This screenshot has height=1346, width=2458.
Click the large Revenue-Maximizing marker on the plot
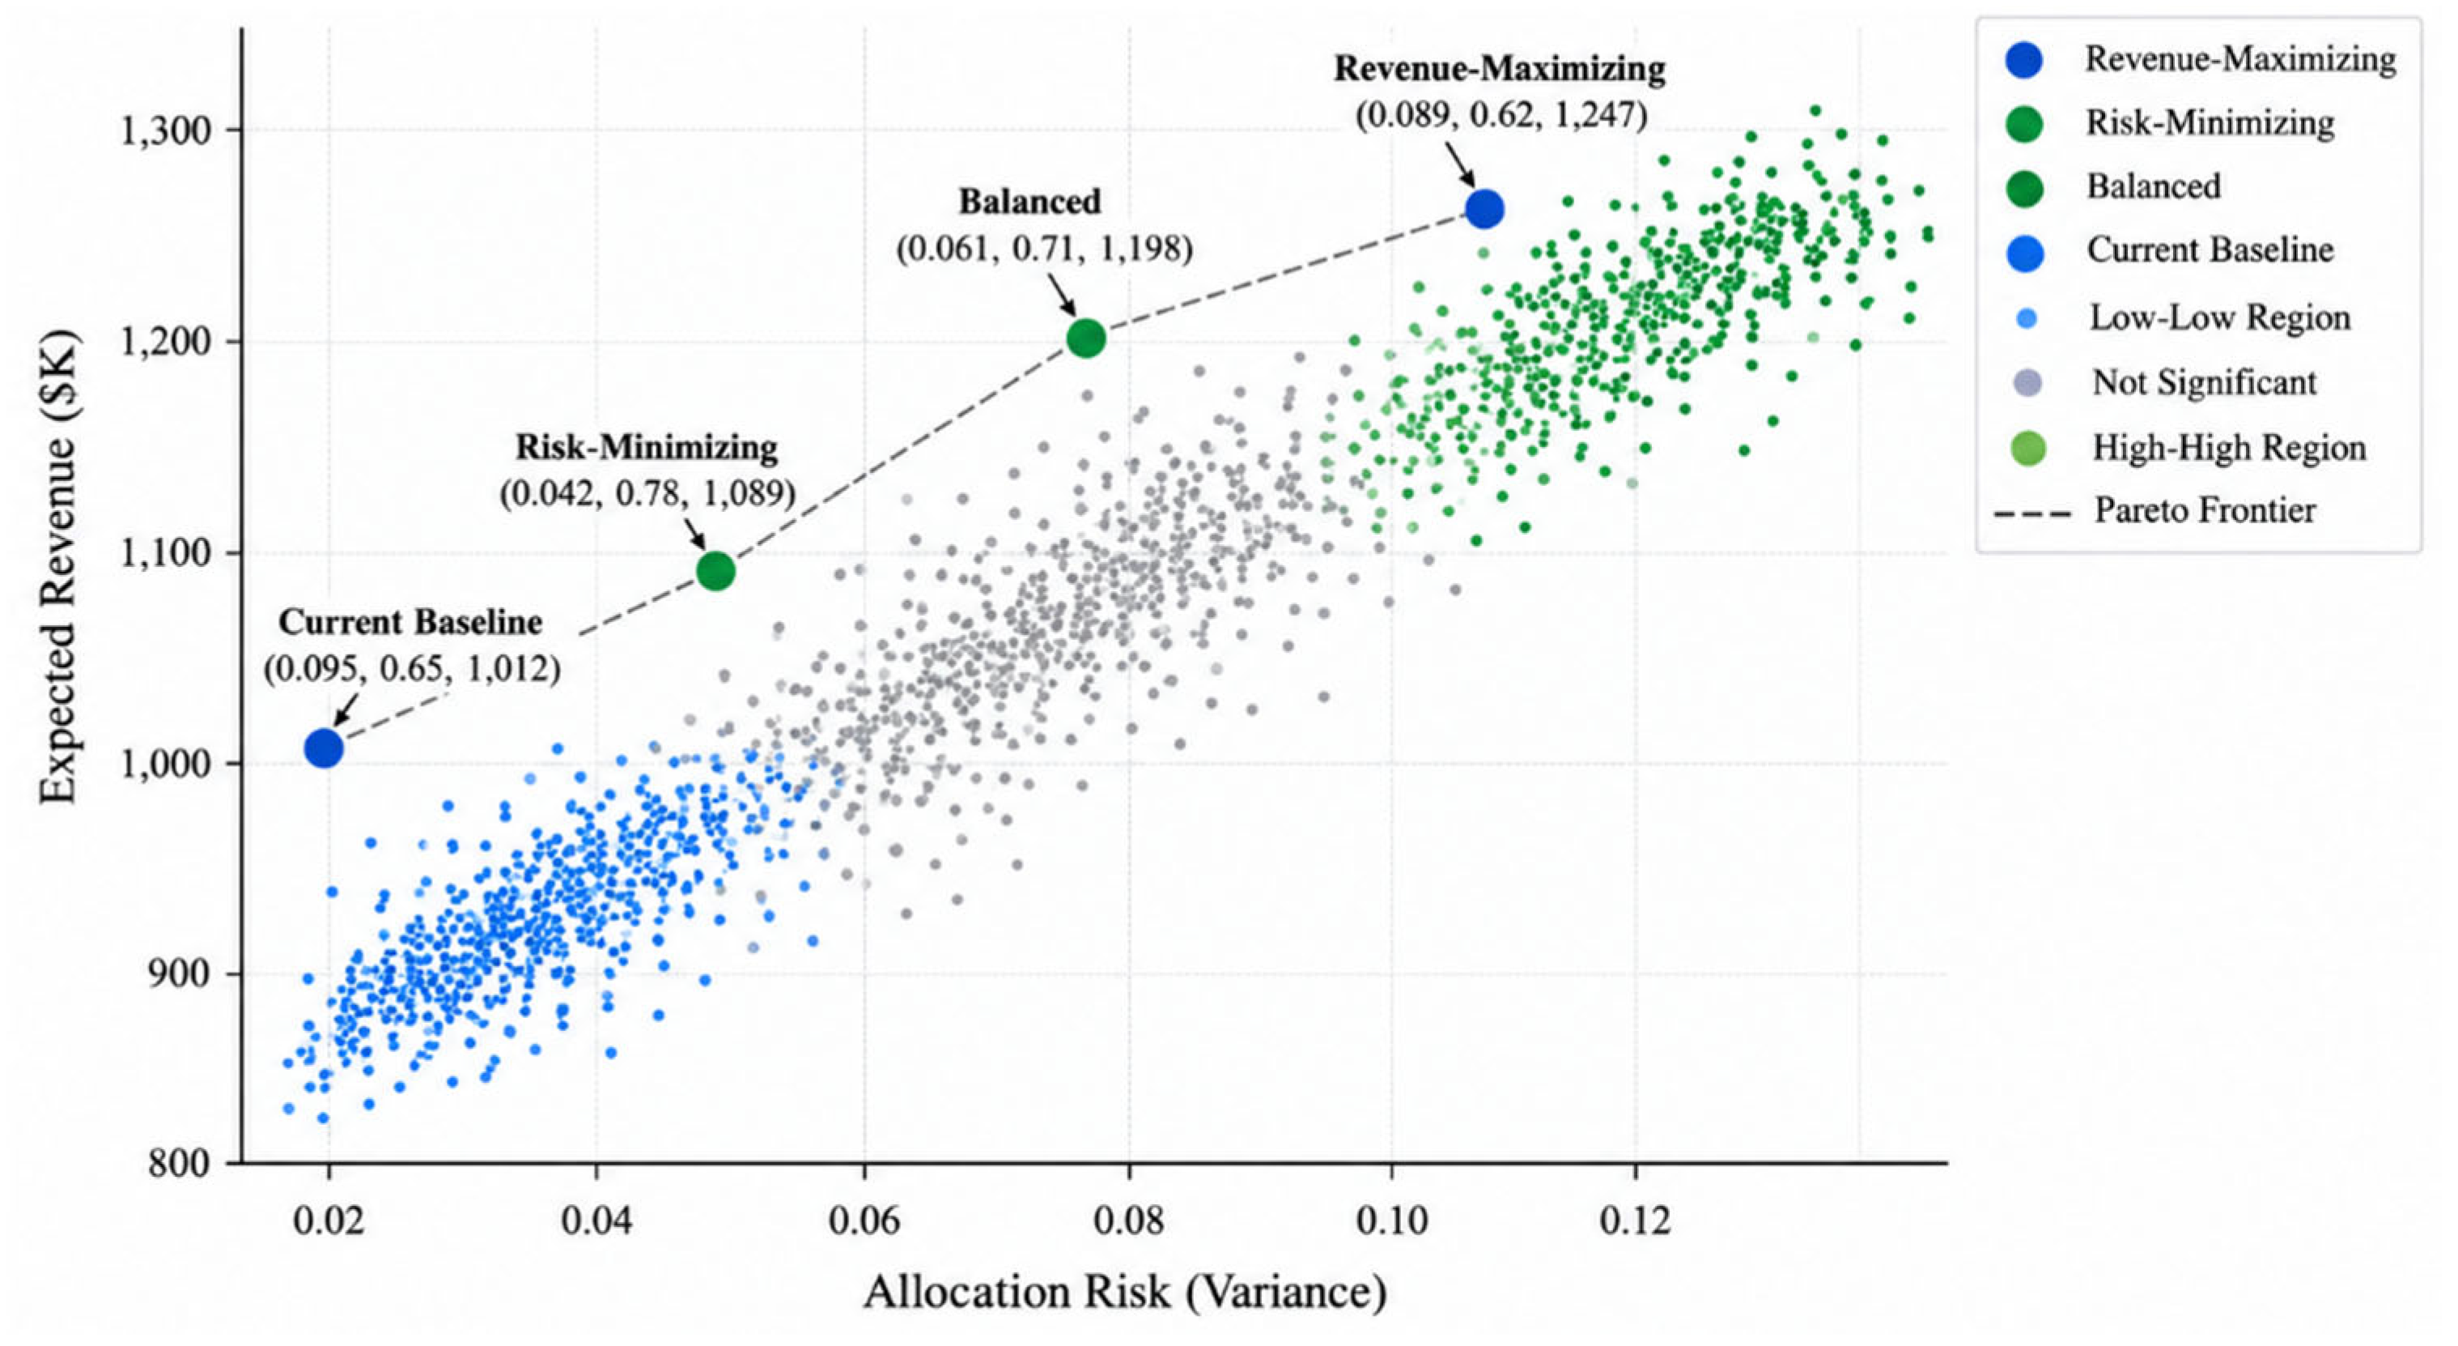pos(1484,208)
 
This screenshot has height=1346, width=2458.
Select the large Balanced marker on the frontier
pos(1086,337)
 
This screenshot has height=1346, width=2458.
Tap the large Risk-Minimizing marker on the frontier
pos(715,571)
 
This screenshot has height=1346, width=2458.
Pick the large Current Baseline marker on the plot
pos(324,748)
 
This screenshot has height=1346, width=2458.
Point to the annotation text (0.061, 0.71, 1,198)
pos(1044,248)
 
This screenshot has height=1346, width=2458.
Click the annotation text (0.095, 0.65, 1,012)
pos(412,668)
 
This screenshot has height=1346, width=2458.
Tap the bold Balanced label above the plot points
pos(1029,202)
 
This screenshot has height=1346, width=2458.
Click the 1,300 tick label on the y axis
pos(168,130)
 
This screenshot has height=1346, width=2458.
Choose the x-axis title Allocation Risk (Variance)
pos(1125,1293)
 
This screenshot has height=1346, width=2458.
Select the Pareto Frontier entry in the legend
pos(2156,511)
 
